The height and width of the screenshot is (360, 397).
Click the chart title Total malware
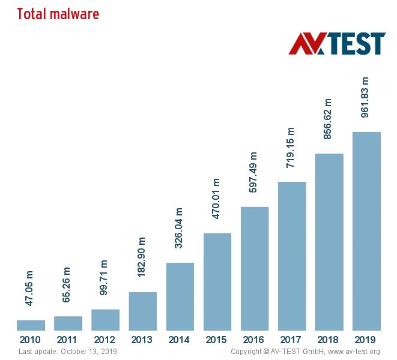pos(58,14)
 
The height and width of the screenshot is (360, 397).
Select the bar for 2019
pos(366,231)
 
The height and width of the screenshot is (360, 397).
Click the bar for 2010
pos(31,325)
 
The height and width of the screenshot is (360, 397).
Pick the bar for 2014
pos(180,296)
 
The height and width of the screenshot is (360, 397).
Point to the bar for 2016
pos(255,268)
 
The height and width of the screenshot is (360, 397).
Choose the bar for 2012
pos(105,319)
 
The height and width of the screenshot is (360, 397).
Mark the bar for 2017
pos(292,256)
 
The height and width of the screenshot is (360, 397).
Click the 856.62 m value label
pos(328,119)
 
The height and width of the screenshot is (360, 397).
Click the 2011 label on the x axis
pos(68,340)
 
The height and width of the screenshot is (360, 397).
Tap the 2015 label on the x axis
pos(217,340)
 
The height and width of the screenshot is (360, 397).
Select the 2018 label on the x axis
pos(329,340)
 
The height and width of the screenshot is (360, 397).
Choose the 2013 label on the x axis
pos(142,340)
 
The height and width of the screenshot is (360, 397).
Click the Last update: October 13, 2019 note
pos(68,351)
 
